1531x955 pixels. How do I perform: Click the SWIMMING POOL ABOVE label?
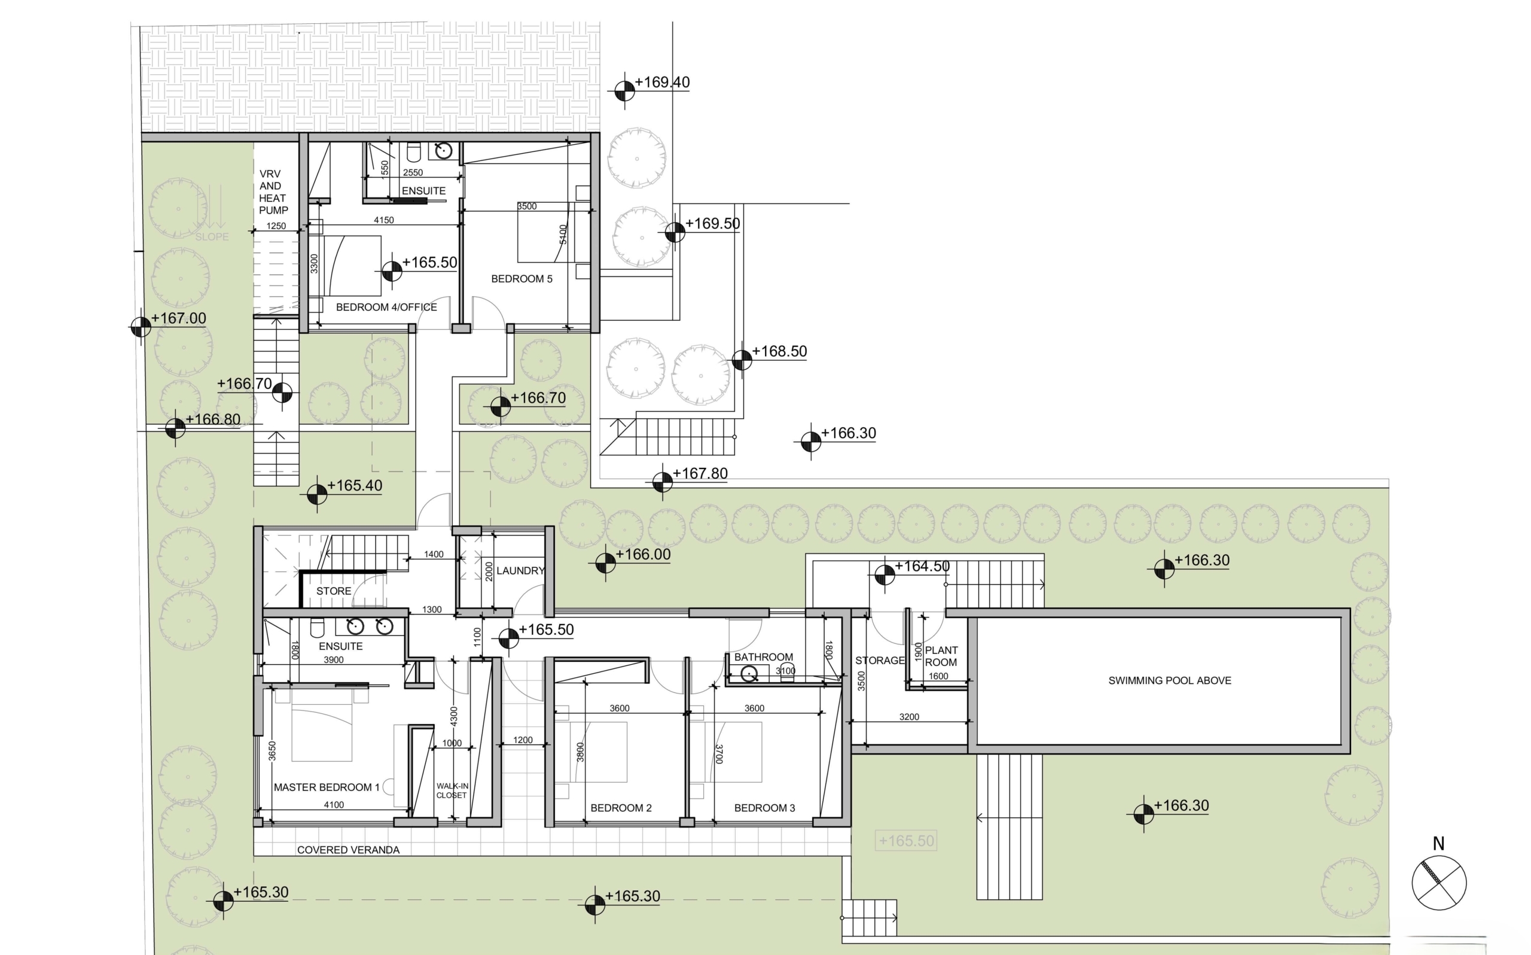point(1169,680)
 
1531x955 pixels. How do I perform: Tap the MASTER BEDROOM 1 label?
point(327,787)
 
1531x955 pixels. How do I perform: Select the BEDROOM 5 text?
point(521,279)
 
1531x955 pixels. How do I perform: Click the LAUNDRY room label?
point(520,570)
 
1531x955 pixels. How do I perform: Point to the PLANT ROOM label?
point(941,656)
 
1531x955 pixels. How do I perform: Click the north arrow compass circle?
point(1439,883)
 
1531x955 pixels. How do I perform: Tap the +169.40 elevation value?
point(662,82)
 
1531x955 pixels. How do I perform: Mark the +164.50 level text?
point(922,566)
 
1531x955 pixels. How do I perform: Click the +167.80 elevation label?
point(700,473)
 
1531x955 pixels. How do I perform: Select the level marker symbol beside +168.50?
point(742,360)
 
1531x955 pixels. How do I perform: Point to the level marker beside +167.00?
point(141,327)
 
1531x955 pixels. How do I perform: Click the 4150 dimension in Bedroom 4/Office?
point(384,220)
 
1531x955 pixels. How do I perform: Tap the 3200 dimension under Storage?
point(909,717)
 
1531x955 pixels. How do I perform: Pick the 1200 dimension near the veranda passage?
point(523,740)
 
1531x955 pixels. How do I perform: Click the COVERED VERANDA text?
point(348,850)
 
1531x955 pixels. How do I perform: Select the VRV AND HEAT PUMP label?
point(273,192)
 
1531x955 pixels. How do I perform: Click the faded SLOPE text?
point(212,237)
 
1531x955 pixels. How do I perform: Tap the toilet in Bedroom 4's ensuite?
point(413,151)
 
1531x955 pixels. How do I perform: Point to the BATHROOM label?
point(764,657)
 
